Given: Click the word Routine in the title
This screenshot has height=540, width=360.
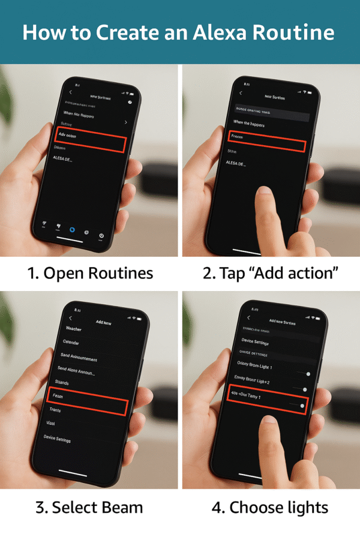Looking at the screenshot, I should tap(295, 32).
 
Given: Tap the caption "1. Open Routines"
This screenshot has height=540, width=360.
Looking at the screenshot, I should tap(90, 274).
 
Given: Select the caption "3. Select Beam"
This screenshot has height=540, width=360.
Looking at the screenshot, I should tap(89, 508).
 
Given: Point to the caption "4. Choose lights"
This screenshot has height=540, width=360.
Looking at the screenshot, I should tap(270, 508).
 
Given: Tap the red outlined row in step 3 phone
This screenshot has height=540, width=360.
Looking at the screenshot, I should tap(86, 402).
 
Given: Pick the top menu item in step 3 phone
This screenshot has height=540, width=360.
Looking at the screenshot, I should tap(73, 329).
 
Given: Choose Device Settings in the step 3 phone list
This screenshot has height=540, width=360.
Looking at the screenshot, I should tap(57, 439).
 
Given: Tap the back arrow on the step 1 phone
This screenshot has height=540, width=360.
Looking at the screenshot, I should tap(70, 92).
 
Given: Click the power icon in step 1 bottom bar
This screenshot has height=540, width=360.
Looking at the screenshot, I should tap(101, 235).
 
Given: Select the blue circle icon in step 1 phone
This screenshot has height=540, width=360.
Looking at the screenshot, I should tap(72, 230).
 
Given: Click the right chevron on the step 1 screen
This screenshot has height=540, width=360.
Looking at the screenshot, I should tap(125, 122).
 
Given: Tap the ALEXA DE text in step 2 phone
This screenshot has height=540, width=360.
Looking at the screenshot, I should tap(236, 163).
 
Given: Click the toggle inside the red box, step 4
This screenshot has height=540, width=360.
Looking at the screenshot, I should tap(302, 406).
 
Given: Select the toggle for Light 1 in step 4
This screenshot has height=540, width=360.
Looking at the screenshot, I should tap(308, 374).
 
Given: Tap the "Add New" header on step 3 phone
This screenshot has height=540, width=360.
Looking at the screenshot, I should tap(104, 322).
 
